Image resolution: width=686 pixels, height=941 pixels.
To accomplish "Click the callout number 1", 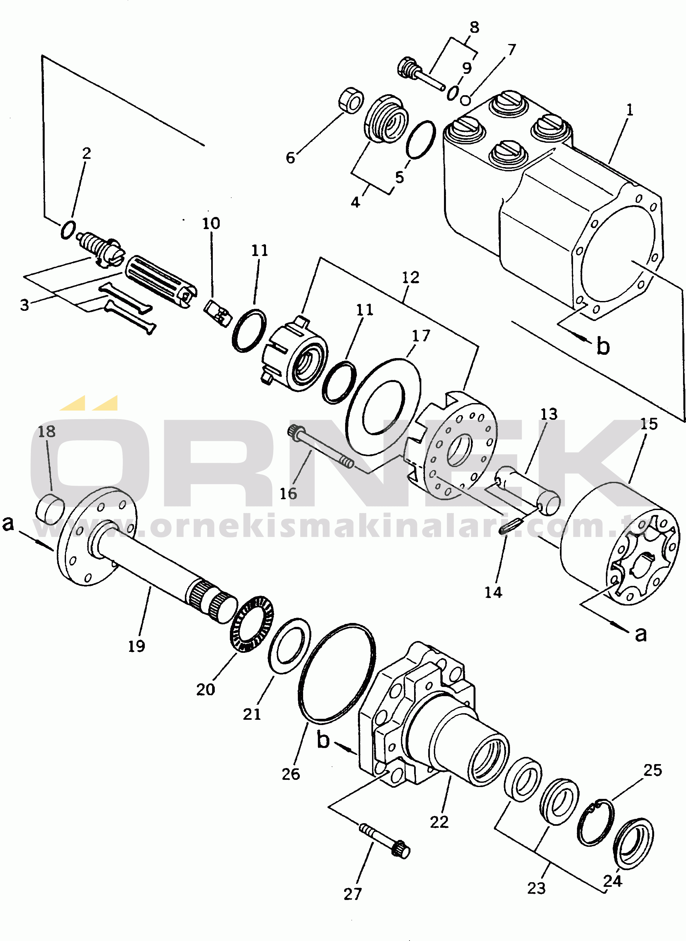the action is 630,110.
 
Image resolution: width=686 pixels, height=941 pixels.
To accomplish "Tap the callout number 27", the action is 353,894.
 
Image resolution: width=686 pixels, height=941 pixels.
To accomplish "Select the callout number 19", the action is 136,646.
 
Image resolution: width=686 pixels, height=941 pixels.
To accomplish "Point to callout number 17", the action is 421,335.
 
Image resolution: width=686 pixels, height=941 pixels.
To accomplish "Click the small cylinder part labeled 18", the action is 51,509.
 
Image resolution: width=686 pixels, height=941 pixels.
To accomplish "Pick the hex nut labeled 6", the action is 351,100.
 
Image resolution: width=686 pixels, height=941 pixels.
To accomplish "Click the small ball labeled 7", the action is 466,100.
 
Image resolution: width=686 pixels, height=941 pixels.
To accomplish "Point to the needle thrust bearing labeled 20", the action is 252,624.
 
